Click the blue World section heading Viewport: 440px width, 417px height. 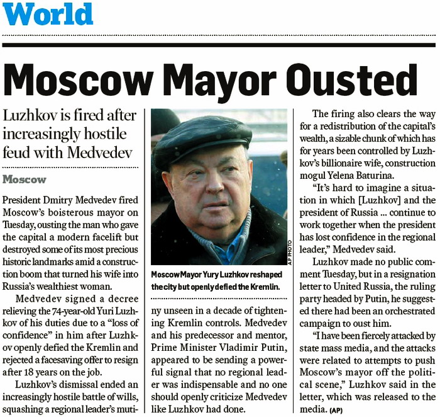point(47,14)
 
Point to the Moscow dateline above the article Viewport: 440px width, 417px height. point(25,180)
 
